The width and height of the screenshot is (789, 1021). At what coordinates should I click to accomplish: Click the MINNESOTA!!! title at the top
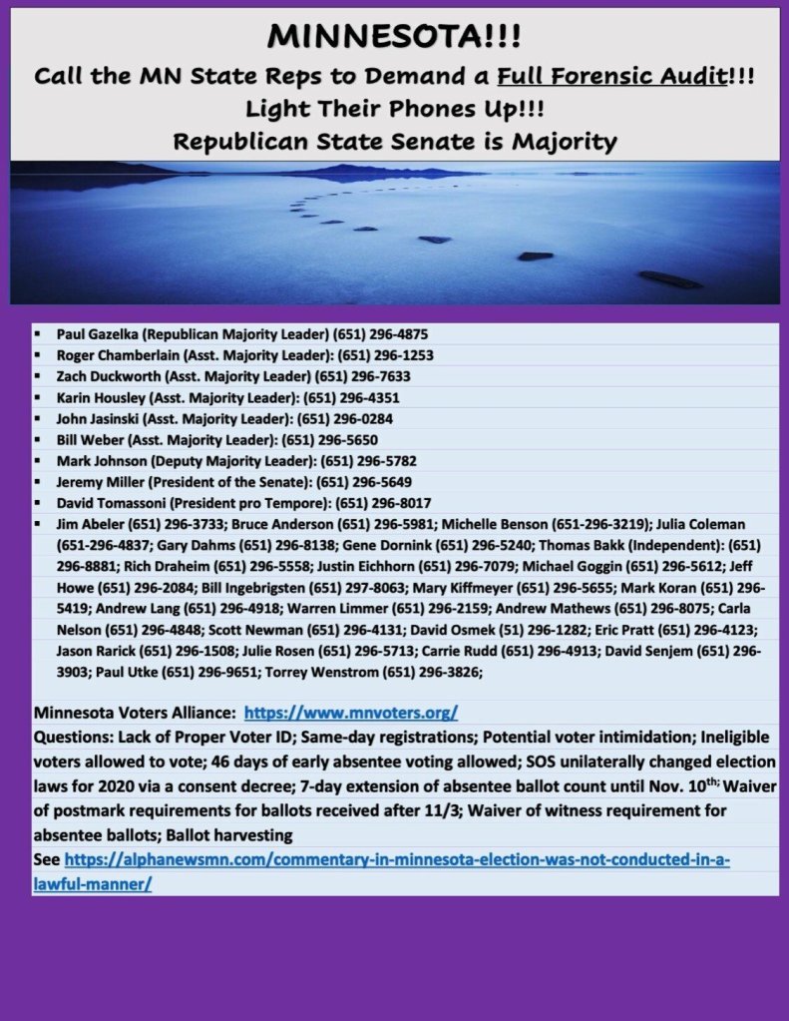click(x=394, y=39)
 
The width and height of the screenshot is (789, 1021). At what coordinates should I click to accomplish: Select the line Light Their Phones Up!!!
click(x=394, y=109)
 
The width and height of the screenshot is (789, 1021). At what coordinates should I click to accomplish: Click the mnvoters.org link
click(x=351, y=714)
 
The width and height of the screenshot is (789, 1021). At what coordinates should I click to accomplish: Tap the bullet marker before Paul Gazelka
click(x=37, y=333)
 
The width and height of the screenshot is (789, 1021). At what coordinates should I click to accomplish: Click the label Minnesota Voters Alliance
click(x=135, y=714)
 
